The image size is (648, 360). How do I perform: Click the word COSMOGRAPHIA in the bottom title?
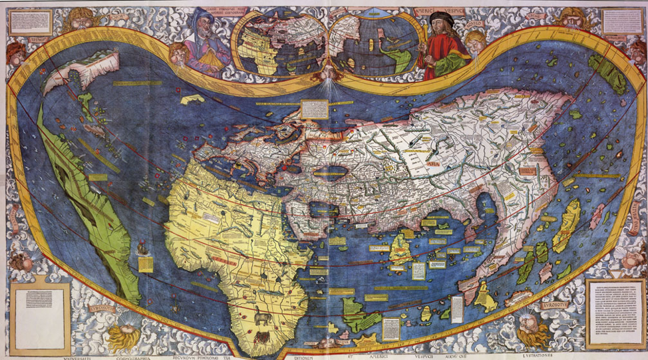140,355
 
